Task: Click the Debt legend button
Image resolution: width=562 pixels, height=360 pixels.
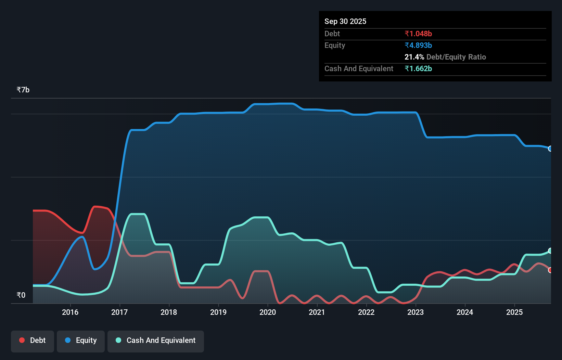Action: point(33,340)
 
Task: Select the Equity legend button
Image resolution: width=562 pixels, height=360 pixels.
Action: point(81,340)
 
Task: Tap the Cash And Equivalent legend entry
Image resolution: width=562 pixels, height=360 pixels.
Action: point(156,340)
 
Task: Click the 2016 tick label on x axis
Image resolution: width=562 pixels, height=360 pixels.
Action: point(70,312)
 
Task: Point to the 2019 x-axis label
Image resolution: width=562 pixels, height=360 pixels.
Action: point(218,312)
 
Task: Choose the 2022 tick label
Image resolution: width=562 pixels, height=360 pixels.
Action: point(366,312)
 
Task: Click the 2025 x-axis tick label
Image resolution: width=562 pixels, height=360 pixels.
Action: point(514,312)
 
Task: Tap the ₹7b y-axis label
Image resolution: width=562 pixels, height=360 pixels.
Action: point(23,90)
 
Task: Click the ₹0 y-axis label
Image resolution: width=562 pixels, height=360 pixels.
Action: point(21,295)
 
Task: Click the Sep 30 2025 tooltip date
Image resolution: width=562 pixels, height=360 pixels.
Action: point(345,22)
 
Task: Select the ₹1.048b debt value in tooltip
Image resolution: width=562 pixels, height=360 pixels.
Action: point(418,34)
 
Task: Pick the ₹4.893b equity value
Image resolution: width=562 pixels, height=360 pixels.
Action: point(418,46)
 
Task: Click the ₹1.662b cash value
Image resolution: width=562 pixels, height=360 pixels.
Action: point(418,69)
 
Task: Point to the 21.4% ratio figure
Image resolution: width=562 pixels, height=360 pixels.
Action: point(414,57)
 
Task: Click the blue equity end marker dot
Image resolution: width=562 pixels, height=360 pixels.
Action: point(550,149)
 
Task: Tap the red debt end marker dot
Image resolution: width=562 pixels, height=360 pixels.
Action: point(550,270)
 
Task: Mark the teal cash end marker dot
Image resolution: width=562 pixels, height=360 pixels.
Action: point(550,251)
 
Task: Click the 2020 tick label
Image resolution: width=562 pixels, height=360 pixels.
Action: point(268,312)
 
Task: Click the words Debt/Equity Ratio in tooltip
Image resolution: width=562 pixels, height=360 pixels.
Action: point(456,57)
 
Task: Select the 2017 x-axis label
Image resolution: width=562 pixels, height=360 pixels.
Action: point(119,312)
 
